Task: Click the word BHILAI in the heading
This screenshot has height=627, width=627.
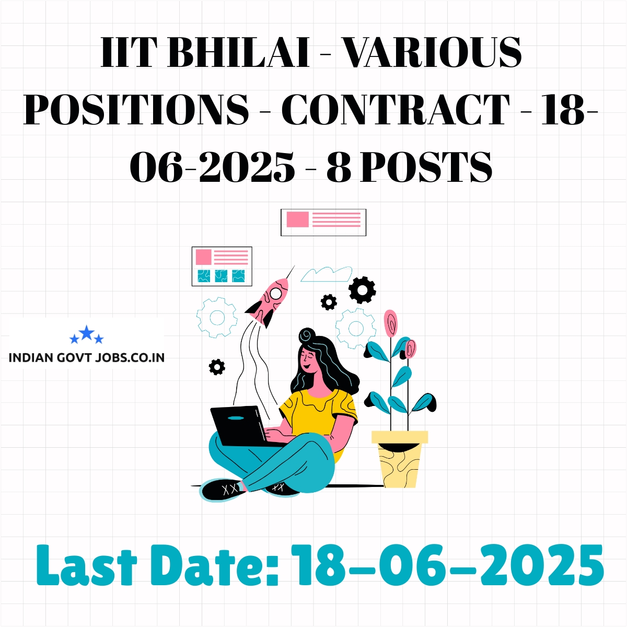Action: [238, 52]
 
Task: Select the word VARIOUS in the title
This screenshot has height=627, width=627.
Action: [433, 52]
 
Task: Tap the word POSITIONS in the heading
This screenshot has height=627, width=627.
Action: [136, 109]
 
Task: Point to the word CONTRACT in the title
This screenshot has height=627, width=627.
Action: [396, 109]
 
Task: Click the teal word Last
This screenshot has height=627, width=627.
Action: [87, 565]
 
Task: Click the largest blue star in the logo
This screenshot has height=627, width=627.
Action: [87, 332]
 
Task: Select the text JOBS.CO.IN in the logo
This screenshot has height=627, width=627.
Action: [130, 357]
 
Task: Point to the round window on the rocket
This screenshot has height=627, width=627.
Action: [276, 294]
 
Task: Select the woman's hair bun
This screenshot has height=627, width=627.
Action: [307, 334]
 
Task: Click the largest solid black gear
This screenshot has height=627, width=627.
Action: [362, 290]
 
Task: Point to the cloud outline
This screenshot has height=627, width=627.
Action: [326, 274]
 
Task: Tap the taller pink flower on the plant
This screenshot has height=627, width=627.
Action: [390, 322]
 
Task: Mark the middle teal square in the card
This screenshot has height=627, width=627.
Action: [221, 276]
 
